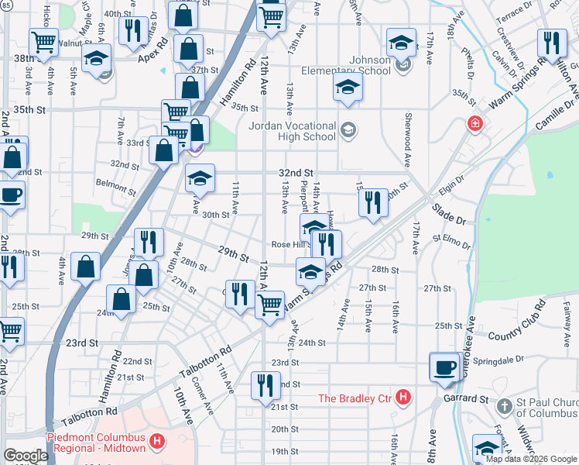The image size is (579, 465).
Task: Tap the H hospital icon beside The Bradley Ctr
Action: tap(402, 398)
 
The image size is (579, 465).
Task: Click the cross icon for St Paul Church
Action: tap(503, 405)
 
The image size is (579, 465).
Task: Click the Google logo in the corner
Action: tap(26, 456)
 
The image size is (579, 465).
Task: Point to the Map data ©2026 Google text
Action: tap(531, 459)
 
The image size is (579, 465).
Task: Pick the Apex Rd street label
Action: tap(152, 58)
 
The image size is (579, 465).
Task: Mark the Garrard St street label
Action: tap(465, 401)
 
